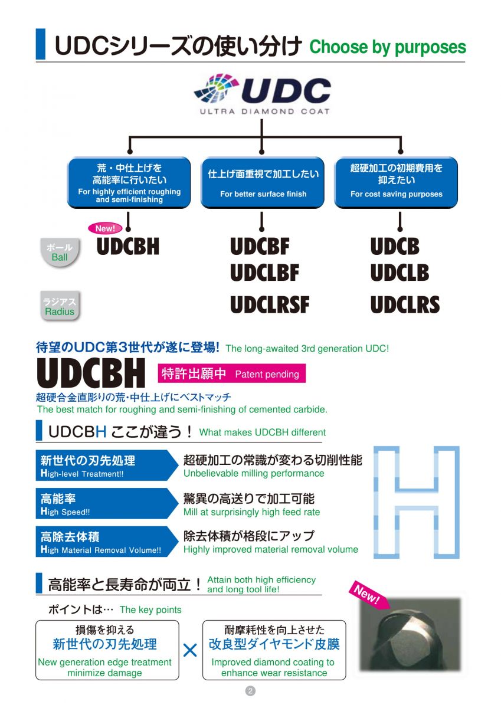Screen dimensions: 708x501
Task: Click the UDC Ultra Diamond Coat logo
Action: click(x=262, y=94)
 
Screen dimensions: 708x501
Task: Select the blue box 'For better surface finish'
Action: click(x=263, y=182)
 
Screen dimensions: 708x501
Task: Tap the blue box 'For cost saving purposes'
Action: click(x=396, y=182)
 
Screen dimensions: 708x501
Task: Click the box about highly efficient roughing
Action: click(x=129, y=182)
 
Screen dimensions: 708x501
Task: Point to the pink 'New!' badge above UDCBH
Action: click(x=106, y=228)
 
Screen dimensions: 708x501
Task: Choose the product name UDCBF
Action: click(x=260, y=246)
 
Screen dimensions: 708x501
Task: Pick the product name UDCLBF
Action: click(x=264, y=273)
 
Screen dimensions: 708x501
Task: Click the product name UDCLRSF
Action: click(x=270, y=304)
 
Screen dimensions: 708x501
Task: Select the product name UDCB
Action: click(x=395, y=246)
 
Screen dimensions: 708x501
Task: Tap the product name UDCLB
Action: click(x=400, y=273)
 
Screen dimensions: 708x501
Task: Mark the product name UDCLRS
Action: click(x=405, y=304)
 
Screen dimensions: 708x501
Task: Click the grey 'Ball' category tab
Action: click(x=60, y=253)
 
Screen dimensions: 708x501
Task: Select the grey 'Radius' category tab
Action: click(x=60, y=307)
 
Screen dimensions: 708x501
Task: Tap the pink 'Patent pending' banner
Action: click(x=231, y=373)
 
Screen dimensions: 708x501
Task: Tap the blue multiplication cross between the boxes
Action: click(x=190, y=650)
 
